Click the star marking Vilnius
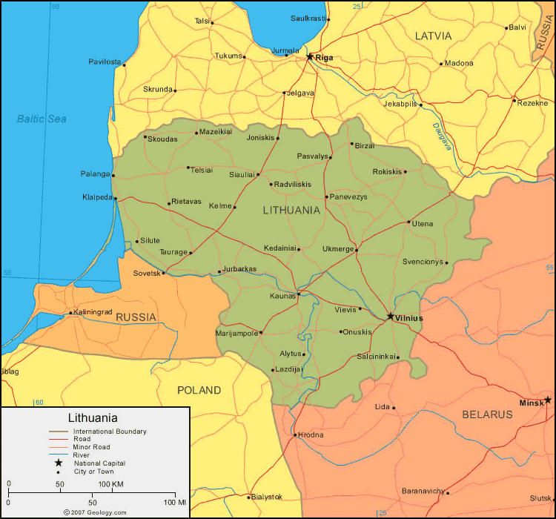tap(391, 317)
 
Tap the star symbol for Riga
tap(310, 56)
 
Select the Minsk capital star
tap(548, 400)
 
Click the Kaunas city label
tap(282, 296)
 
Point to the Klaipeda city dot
tap(115, 198)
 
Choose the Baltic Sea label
tap(42, 119)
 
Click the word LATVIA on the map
tap(434, 36)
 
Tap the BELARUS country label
tap(487, 414)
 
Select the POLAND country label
tap(199, 390)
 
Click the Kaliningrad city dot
tap(71, 313)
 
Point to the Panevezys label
tap(348, 197)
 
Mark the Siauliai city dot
tap(258, 175)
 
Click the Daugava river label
tap(441, 136)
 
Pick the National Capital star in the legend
tap(58, 463)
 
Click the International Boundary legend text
tap(110, 432)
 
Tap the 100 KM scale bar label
tap(110, 484)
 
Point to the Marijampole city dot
tap(261, 333)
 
